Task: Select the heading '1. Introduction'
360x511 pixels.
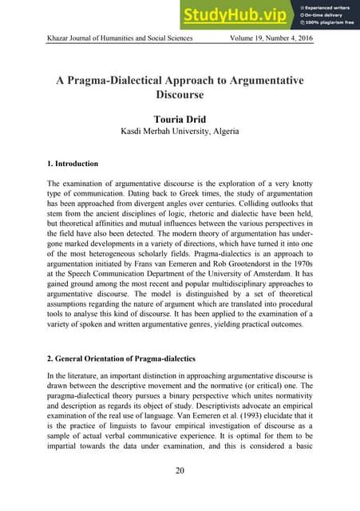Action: click(x=73, y=164)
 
